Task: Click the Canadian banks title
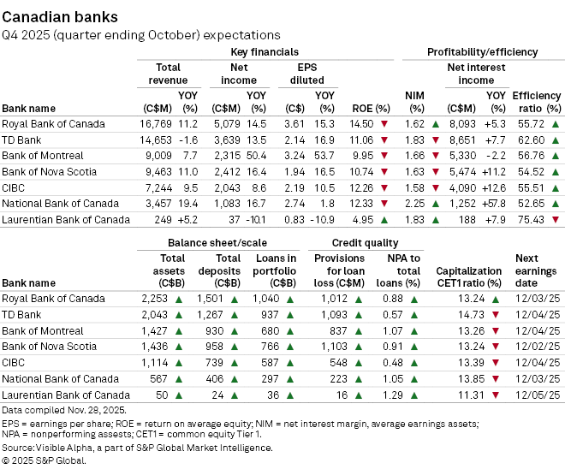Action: coord(60,17)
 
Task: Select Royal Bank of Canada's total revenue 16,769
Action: coord(156,124)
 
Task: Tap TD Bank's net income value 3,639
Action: coord(227,140)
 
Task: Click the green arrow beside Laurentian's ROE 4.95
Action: coord(384,220)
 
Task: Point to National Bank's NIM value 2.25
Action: coord(414,204)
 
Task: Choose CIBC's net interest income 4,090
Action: coord(462,188)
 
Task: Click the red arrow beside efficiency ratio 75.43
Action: coord(556,219)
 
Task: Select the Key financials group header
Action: coord(265,52)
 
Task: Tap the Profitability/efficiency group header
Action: coord(483,52)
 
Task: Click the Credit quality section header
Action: coord(365,243)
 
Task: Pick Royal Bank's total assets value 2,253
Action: coord(155,299)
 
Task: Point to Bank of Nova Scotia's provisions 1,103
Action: coord(334,347)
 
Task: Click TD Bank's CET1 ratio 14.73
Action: coord(472,315)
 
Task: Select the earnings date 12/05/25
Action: coord(538,395)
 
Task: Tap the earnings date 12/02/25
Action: coord(538,347)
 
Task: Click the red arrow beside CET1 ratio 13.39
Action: coord(496,363)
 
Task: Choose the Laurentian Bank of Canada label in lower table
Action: coord(66,395)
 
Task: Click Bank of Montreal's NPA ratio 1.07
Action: coord(393,330)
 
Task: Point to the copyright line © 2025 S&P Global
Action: coord(44,460)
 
